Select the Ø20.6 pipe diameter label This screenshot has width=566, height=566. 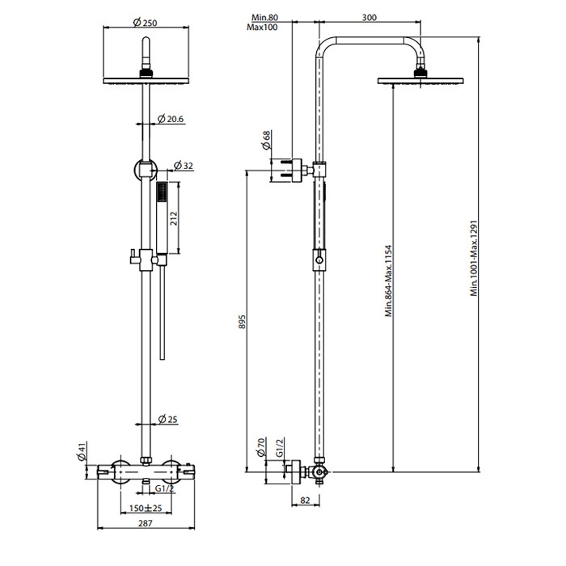(x=170, y=119)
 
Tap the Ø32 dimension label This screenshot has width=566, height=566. (x=185, y=166)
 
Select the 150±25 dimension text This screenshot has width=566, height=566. (x=145, y=509)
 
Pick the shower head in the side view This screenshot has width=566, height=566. (x=420, y=78)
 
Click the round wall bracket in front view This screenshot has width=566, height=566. (x=144, y=170)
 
